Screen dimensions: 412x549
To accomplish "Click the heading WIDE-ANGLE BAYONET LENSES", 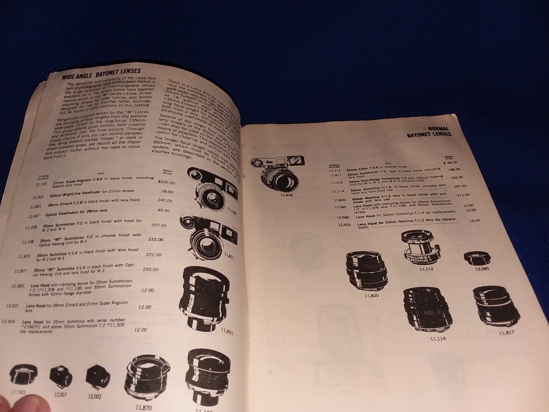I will pos(101,73).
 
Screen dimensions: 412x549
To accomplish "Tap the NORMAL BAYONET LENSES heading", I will pos(429,131).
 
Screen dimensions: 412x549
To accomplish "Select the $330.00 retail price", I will pos(166,183).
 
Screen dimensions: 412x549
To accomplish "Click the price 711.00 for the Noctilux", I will pos(463,195).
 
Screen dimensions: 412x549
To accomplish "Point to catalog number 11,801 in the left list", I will pos(36,207).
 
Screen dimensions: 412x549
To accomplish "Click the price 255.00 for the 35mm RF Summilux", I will pos(151,270).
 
